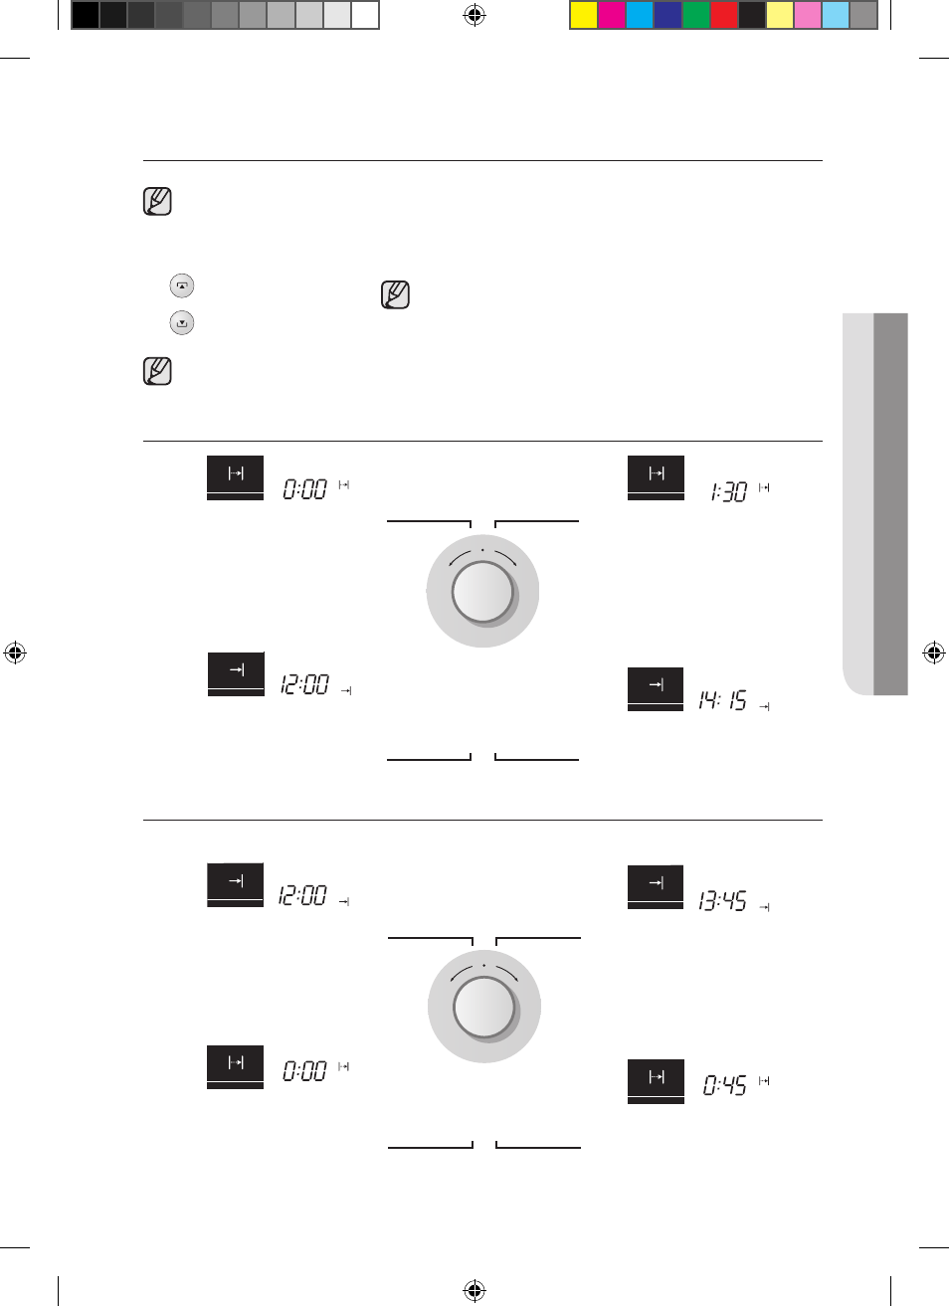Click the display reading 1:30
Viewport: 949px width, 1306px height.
(x=728, y=492)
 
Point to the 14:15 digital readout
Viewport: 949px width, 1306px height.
(x=723, y=699)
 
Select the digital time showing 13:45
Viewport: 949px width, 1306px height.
(x=723, y=901)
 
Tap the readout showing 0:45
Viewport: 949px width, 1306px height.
(x=724, y=1085)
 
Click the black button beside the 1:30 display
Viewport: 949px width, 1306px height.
(x=656, y=477)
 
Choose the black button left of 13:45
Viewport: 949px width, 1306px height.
(x=656, y=887)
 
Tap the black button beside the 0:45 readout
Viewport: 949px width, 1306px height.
(x=656, y=1081)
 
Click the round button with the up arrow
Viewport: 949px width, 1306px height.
(x=182, y=285)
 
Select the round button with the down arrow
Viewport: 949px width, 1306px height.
(x=182, y=322)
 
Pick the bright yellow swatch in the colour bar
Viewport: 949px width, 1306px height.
(x=584, y=15)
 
